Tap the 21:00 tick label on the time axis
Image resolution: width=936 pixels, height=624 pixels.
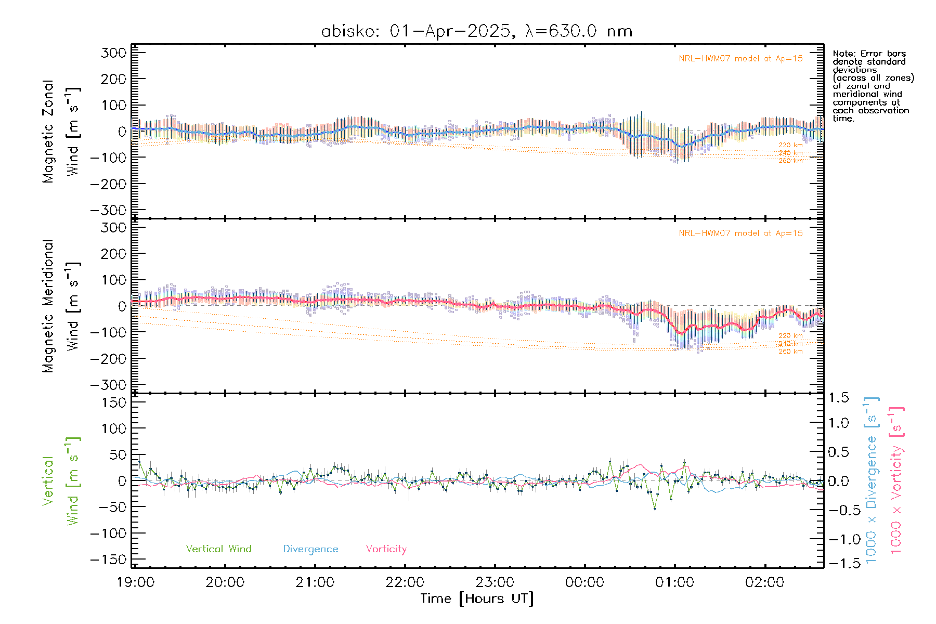315,582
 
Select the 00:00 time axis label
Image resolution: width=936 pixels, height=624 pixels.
584,582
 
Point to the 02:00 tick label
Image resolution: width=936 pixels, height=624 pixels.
764,582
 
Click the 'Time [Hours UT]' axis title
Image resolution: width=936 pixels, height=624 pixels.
476,599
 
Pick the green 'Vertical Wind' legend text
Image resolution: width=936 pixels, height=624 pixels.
218,549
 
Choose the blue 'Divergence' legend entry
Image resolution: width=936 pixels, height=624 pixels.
310,549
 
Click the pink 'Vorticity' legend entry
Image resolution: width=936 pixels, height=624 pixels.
386,549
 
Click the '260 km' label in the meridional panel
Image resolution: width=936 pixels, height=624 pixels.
790,352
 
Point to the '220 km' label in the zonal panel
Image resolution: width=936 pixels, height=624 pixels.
790,145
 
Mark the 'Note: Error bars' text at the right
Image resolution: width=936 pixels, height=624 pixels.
869,54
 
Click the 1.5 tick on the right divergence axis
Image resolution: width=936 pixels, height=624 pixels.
838,398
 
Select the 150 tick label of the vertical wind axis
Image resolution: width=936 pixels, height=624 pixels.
114,402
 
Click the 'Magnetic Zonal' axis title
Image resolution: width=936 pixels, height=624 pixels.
48,132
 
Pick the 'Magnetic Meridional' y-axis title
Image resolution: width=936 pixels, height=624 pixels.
48,306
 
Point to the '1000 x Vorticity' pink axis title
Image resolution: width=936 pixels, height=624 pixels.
896,480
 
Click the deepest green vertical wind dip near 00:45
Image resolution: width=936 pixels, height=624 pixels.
654,509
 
